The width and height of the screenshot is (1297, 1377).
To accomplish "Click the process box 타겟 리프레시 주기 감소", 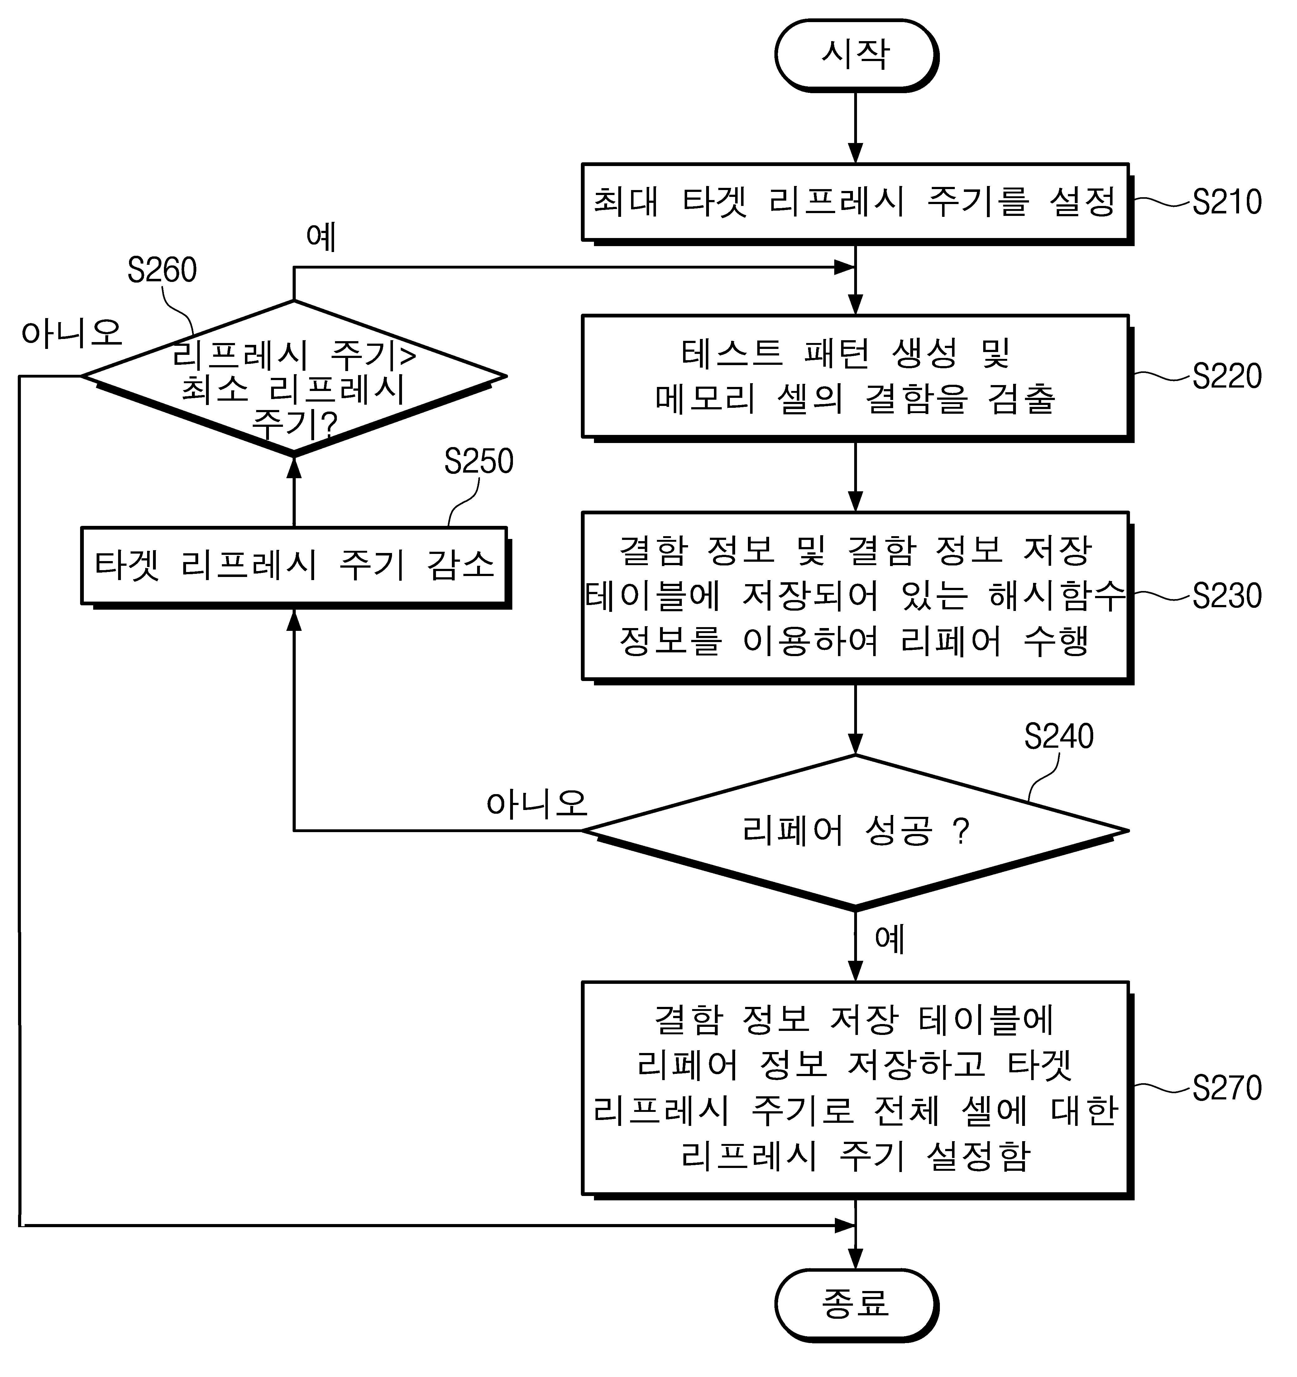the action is pos(296,568).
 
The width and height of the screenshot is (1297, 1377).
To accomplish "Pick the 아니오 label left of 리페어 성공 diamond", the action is pos(537,803).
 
